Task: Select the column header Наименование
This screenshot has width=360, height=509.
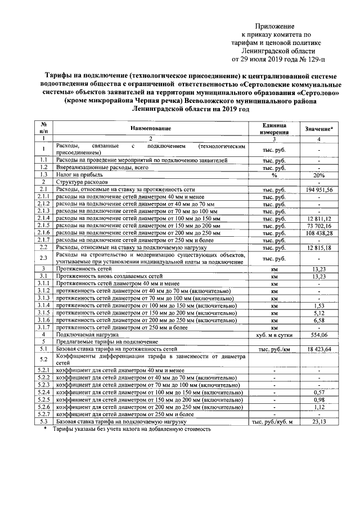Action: (x=151, y=129)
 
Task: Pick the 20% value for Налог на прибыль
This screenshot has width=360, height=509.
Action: (x=319, y=175)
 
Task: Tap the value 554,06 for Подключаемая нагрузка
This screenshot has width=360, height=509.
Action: (x=319, y=334)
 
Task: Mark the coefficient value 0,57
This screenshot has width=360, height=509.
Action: (x=319, y=391)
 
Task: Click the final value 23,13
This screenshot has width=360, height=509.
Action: (x=319, y=421)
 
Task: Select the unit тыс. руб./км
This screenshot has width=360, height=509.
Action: (x=274, y=349)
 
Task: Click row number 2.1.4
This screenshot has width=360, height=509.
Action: (x=43, y=218)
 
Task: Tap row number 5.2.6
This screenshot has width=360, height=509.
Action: (x=43, y=406)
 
